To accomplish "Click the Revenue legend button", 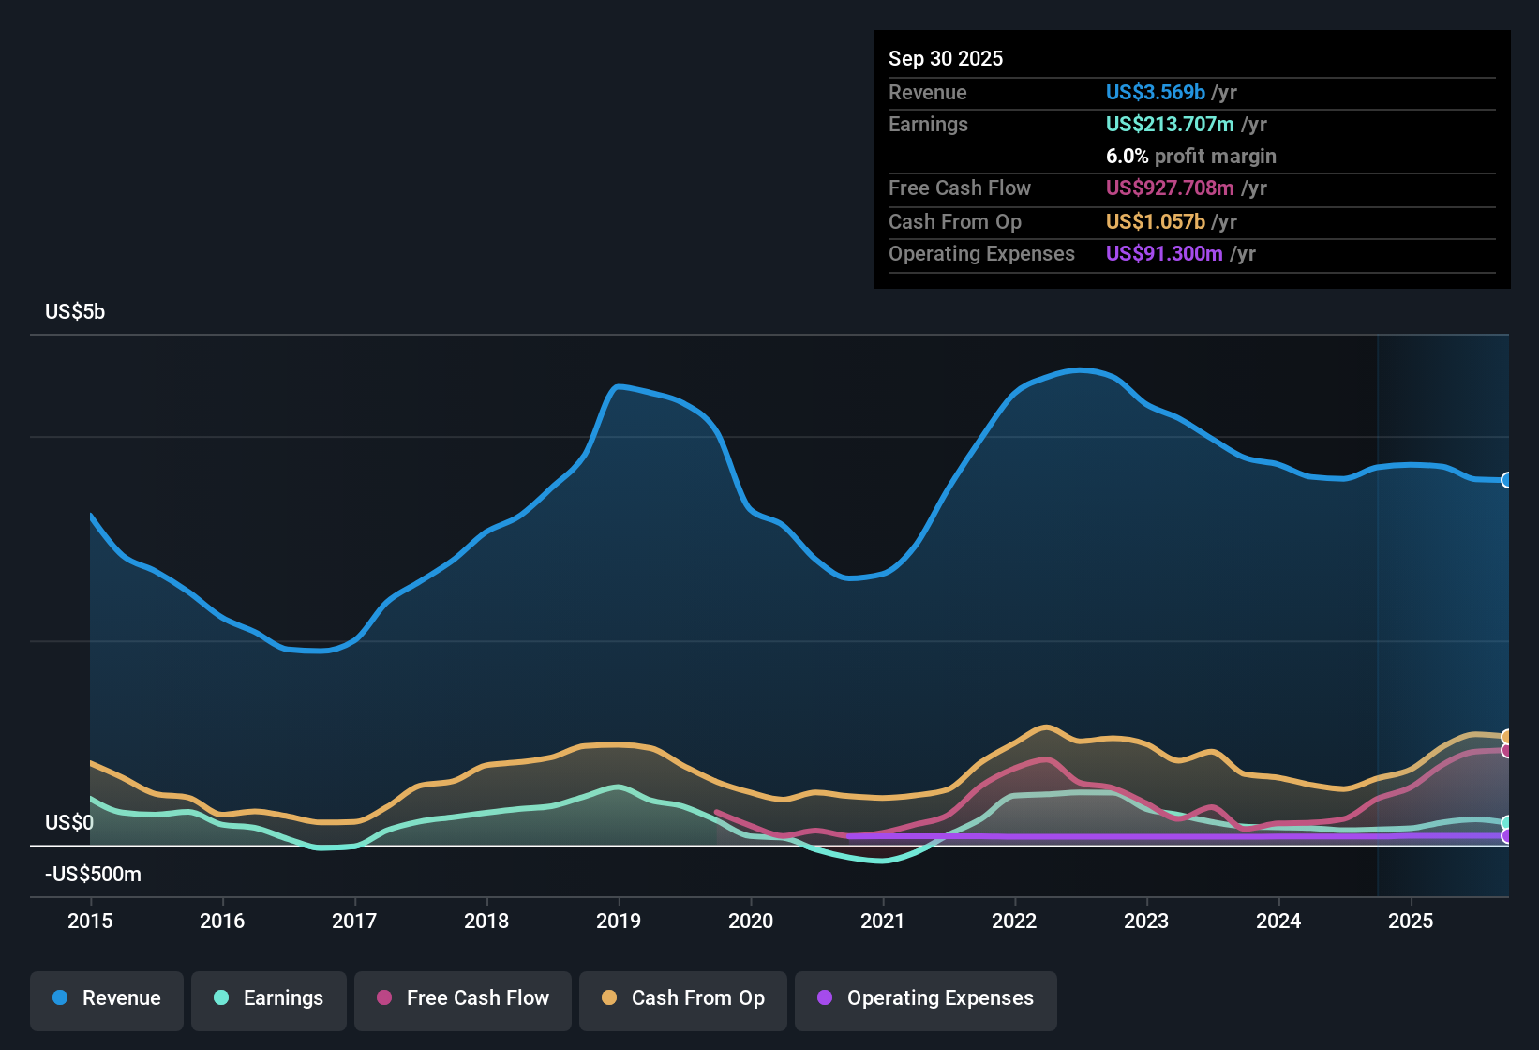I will tap(107, 998).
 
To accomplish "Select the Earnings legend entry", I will tap(269, 998).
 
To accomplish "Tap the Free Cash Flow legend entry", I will tap(463, 998).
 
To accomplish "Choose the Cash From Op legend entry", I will tap(683, 998).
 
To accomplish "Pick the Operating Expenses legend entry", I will tap(926, 998).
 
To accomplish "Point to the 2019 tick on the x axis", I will tap(619, 921).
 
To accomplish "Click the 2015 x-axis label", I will tap(90, 921).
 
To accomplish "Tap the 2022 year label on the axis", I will tap(1014, 921).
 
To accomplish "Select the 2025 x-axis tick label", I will tap(1411, 921).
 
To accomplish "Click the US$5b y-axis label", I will tap(75, 312).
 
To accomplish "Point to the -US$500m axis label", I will tap(93, 875).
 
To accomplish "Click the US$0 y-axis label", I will tap(69, 823).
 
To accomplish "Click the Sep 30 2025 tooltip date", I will tap(946, 59).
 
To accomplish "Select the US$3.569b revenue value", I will tap(1155, 93).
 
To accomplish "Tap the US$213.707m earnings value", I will tap(1170, 125).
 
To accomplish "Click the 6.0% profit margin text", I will tap(1190, 157).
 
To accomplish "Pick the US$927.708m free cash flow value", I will tap(1170, 188).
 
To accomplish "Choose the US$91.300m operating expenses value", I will tap(1164, 254).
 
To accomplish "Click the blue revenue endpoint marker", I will tap(1506, 480).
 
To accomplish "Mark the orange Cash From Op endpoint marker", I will tap(1506, 737).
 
